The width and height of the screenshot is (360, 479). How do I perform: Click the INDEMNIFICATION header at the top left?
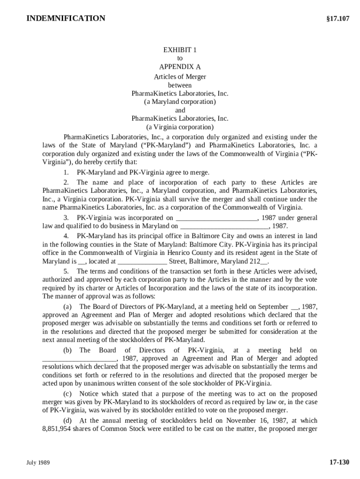click(66, 19)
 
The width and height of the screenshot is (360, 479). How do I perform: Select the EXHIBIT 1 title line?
click(180, 50)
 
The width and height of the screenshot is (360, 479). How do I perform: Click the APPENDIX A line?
click(180, 67)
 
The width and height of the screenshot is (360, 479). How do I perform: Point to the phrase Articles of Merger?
click(180, 77)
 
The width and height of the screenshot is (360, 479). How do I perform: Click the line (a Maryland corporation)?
click(180, 102)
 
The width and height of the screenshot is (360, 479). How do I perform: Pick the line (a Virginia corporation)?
click(180, 127)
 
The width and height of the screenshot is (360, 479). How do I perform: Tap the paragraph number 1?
click(66, 173)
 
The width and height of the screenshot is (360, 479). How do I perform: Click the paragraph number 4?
click(66, 236)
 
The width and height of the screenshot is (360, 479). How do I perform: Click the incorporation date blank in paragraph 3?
click(216, 218)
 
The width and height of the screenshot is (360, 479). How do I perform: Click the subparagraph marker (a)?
click(68, 307)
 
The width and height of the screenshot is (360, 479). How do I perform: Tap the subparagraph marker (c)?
click(68, 394)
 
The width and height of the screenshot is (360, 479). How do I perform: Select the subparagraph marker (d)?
click(68, 420)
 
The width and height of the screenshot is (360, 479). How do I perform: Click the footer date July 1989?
click(38, 463)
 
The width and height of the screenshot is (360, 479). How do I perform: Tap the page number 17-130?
click(339, 463)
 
